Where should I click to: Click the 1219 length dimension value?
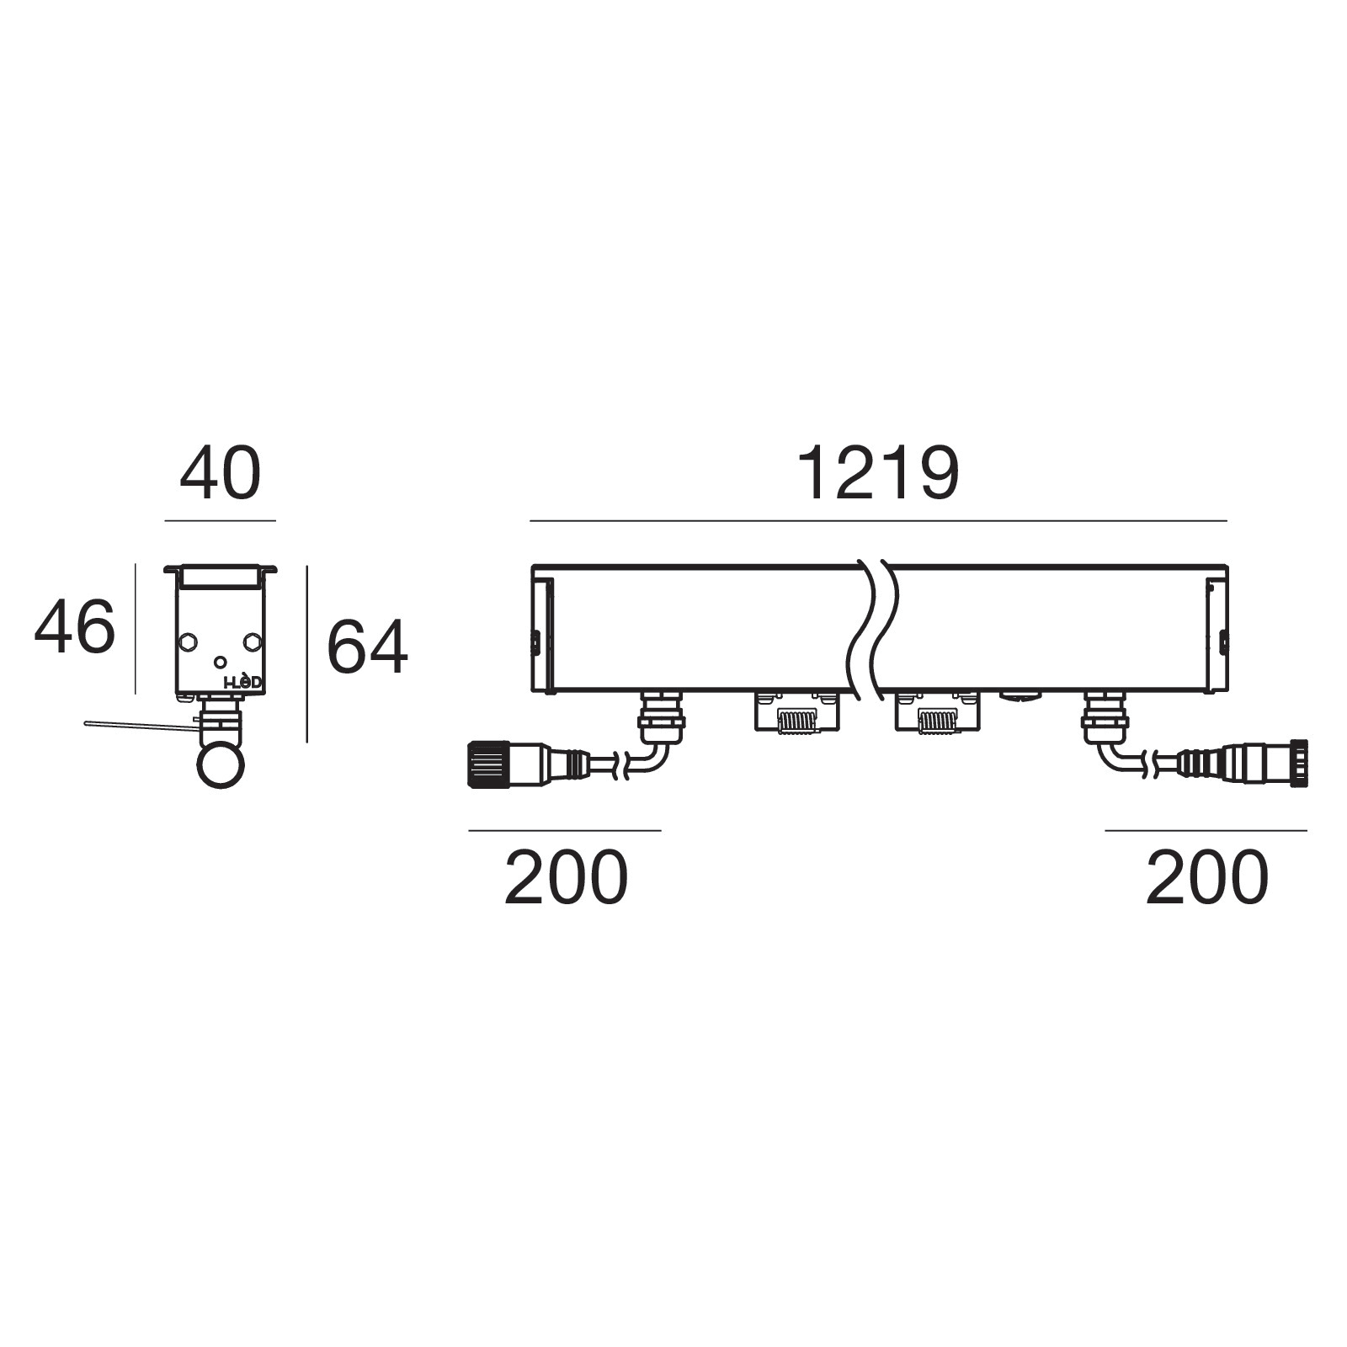point(877,474)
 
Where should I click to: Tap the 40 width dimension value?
point(221,474)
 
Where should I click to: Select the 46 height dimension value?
point(74,626)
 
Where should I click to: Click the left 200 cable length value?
point(566,877)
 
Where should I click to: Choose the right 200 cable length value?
point(1207,877)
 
